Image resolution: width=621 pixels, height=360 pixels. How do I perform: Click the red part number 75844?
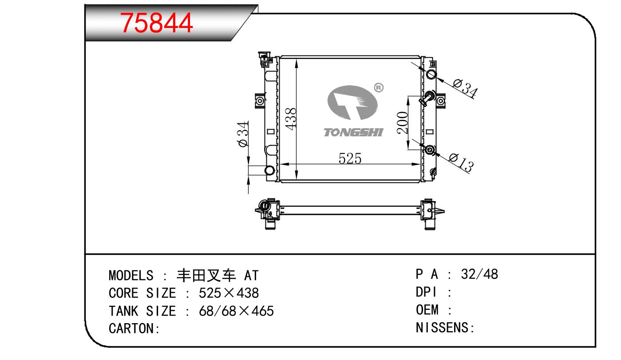(156, 23)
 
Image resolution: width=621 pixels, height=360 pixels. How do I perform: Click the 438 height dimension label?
(291, 119)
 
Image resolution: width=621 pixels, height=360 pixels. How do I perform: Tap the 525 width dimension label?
(350, 158)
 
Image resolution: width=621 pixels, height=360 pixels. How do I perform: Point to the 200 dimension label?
(402, 123)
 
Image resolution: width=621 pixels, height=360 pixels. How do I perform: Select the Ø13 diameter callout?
(461, 162)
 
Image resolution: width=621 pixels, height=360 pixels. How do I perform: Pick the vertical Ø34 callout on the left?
(243, 134)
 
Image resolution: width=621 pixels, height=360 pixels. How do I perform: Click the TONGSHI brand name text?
(353, 132)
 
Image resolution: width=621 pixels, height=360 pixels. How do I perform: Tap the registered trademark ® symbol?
(379, 87)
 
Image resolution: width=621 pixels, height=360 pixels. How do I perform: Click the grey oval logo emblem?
(352, 103)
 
